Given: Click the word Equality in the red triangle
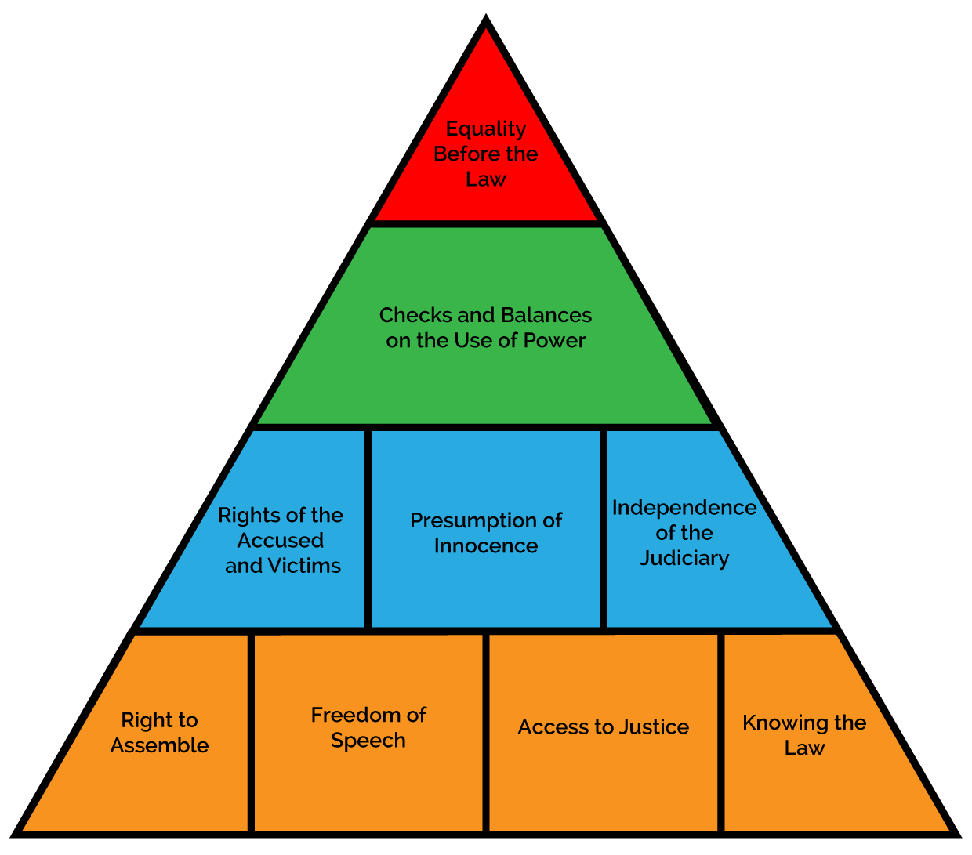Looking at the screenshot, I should click(486, 129).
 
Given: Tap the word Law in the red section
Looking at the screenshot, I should click(486, 179).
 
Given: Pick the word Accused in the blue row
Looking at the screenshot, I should click(281, 541).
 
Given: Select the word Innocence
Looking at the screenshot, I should click(486, 546).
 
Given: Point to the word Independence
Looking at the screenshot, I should click(684, 508).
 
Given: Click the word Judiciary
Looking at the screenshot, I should click(684, 559).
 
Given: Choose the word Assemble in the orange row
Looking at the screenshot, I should click(159, 745).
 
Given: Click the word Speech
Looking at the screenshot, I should click(368, 741).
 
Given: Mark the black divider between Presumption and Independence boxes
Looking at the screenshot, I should click(604, 529).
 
